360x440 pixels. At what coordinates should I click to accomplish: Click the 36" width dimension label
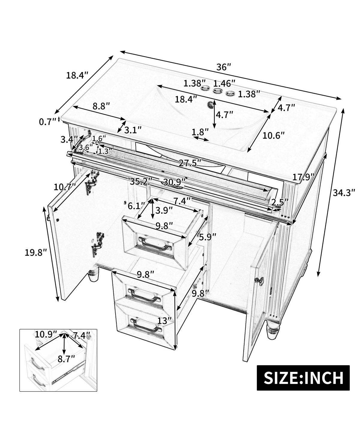pos(224,67)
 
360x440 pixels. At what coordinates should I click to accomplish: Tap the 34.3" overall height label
pos(344,192)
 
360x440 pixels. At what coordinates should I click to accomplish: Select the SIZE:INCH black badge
pos(303,378)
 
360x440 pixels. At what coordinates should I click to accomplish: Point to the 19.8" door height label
pos(36,253)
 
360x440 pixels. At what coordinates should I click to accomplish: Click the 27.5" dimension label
pos(190,163)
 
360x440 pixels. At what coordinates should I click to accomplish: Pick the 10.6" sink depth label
pos(273,135)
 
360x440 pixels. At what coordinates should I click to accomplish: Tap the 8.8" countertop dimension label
pos(101,106)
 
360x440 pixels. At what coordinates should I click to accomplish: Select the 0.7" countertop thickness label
pos(48,122)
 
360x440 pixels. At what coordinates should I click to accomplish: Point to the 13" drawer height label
pos(164,321)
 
